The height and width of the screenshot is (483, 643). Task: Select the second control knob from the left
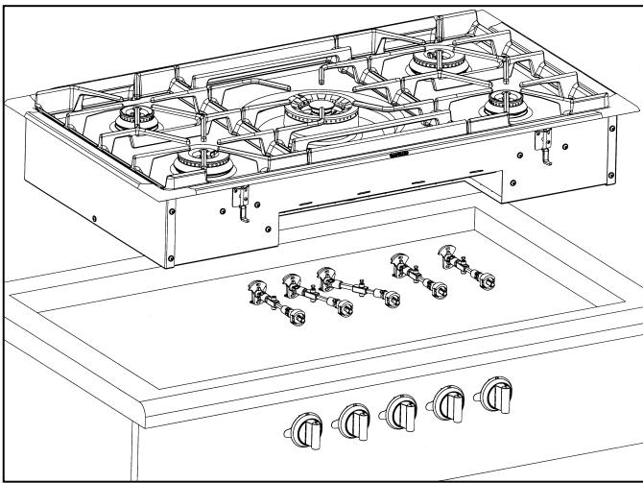pos(350,418)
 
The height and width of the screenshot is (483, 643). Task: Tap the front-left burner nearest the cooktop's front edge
pos(199,163)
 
